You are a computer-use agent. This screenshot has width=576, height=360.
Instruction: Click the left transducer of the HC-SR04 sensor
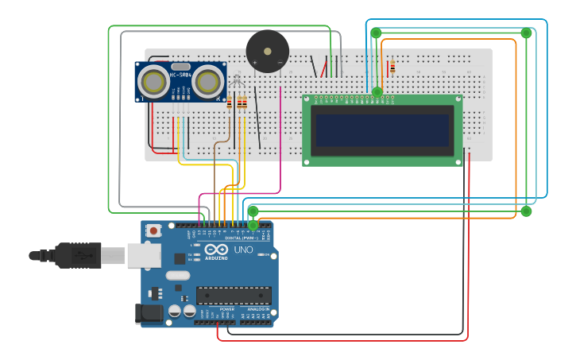154,81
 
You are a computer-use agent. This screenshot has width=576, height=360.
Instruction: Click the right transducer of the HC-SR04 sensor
208,81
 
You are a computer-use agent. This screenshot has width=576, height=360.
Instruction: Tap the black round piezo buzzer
267,52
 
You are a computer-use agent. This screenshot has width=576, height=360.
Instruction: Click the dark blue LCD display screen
382,130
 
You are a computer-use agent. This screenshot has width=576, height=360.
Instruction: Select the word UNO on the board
243,250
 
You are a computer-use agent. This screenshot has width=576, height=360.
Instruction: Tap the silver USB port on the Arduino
144,255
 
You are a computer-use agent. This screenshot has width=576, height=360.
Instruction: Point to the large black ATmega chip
234,295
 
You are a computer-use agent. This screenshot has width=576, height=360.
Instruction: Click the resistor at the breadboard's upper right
392,68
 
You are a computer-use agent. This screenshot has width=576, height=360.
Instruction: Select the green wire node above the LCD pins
377,92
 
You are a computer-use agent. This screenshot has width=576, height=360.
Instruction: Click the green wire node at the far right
526,211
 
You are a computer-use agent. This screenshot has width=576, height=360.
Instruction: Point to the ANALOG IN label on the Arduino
257,308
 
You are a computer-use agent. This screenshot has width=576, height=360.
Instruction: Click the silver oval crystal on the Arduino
177,276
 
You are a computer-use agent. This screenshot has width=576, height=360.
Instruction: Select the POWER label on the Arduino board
216,308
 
